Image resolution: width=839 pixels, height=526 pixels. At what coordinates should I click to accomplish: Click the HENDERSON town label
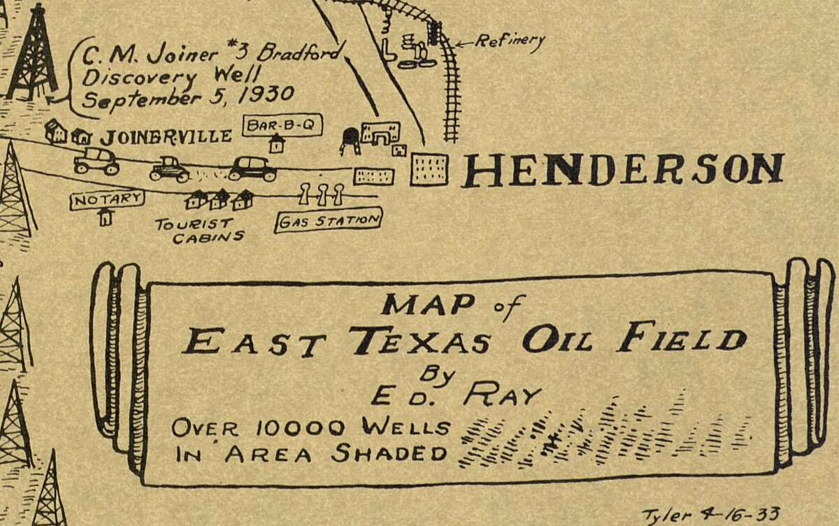pyautogui.click(x=622, y=170)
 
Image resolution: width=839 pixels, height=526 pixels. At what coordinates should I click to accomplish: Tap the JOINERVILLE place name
pyautogui.click(x=165, y=136)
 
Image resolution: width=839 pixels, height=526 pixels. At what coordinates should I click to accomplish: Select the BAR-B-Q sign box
pyautogui.click(x=282, y=125)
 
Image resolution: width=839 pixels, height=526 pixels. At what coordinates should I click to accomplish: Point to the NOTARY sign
pyautogui.click(x=107, y=199)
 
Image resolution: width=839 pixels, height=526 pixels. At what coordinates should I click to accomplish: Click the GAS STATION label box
pyautogui.click(x=329, y=221)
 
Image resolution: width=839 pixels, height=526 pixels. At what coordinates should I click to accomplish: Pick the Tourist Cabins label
pyautogui.click(x=199, y=230)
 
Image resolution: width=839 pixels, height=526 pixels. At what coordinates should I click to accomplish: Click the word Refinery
pyautogui.click(x=509, y=41)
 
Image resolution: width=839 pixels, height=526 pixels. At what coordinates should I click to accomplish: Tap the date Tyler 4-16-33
pyautogui.click(x=710, y=514)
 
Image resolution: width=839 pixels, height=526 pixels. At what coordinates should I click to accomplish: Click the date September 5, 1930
pyautogui.click(x=187, y=96)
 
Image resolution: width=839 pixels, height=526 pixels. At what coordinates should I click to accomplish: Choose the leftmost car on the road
pyautogui.click(x=96, y=160)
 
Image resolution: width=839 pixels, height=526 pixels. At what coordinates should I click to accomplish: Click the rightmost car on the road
pyautogui.click(x=252, y=168)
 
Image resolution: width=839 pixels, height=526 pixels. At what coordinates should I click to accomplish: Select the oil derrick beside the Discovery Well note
pyautogui.click(x=31, y=52)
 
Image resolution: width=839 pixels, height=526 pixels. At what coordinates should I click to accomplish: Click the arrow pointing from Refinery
pyautogui.click(x=464, y=44)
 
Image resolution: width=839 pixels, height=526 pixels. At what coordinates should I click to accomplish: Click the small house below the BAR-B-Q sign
pyautogui.click(x=277, y=143)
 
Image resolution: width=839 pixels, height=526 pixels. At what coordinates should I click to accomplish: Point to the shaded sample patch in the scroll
pyautogui.click(x=601, y=434)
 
